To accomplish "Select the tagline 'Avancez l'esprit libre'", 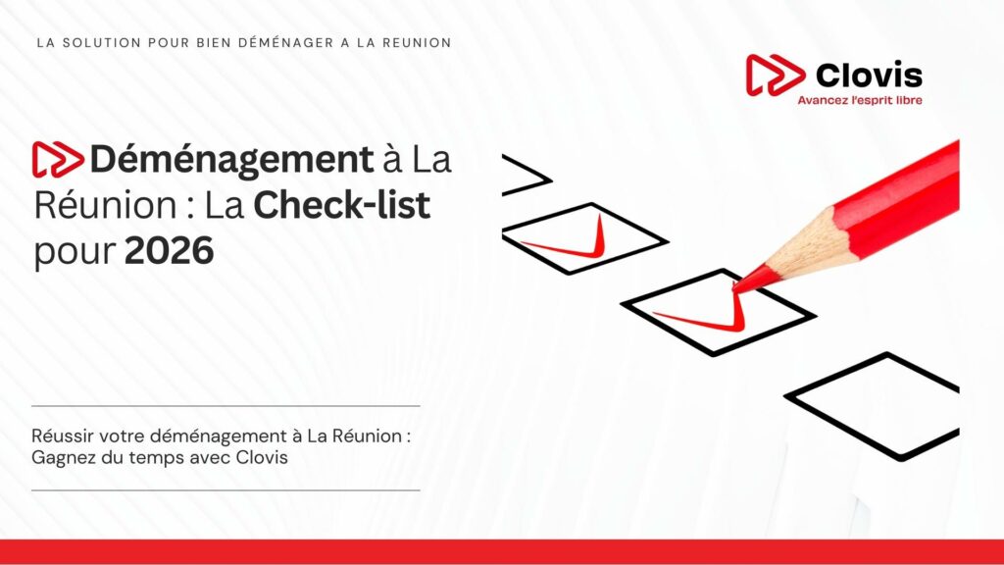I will [859, 100].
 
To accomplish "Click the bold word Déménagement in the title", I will [231, 159].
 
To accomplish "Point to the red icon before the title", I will [58, 159].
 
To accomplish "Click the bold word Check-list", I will [342, 205].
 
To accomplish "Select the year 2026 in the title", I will [169, 251].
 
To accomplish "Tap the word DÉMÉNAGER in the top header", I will [274, 43].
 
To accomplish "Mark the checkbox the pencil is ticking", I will [718, 310].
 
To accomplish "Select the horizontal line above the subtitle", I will [226, 405].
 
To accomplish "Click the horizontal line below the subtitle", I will [226, 489].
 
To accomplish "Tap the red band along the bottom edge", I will [502, 551].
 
